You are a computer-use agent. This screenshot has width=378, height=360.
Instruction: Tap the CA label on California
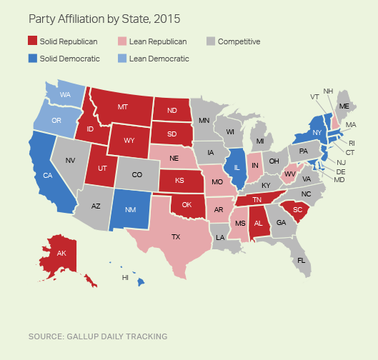point(48,175)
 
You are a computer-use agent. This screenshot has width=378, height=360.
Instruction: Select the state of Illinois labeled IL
point(237,168)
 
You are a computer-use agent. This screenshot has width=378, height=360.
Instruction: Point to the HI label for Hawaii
point(125,277)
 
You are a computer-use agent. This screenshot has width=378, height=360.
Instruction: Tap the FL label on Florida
point(301,260)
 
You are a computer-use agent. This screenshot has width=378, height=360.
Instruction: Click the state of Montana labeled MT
point(122,107)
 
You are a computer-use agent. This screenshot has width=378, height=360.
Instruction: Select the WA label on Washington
point(65,94)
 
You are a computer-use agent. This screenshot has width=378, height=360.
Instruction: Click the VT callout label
point(314,96)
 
